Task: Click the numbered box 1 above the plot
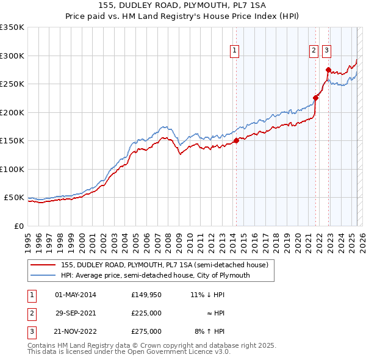coord(234,51)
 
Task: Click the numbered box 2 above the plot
coord(314,51)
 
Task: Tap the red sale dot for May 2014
coord(236,141)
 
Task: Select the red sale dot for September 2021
coord(316,98)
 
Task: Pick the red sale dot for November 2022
coord(328,70)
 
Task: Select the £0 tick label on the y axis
coord(19,226)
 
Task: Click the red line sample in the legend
coord(44,265)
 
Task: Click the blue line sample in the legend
coord(44,275)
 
